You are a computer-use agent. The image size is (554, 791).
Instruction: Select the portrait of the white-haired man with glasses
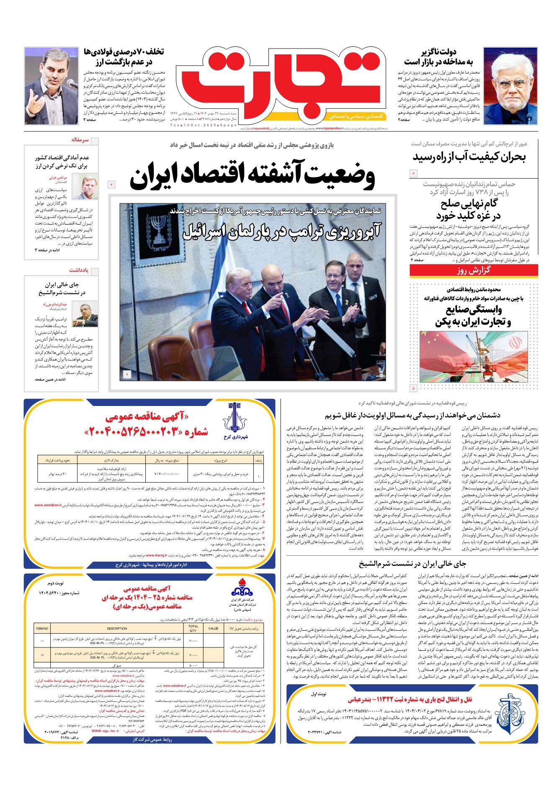[x=510, y=86]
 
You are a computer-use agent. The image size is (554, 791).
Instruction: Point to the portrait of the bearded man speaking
[x=51, y=86]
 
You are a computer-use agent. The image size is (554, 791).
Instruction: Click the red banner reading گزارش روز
[x=473, y=270]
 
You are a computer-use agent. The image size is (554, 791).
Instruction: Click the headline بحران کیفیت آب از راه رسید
[x=469, y=157]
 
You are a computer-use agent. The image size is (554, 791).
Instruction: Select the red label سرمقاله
[x=80, y=140]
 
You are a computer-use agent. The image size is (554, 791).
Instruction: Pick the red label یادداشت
[x=79, y=270]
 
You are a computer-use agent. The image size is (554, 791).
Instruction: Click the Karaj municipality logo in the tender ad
[x=235, y=419]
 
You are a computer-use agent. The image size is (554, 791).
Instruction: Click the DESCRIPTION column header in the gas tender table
[x=117, y=629]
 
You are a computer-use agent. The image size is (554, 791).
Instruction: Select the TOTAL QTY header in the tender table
[x=193, y=629]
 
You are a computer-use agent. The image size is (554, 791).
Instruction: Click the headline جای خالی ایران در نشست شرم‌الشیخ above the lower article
[x=412, y=564]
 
